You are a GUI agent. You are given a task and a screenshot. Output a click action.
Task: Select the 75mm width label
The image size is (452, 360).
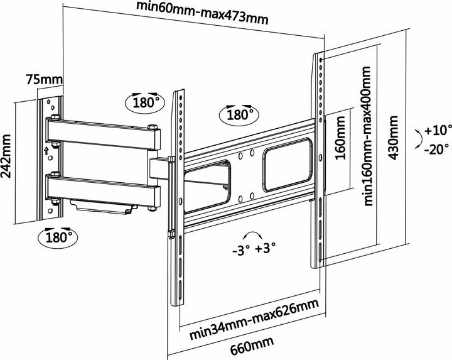coord(44,80)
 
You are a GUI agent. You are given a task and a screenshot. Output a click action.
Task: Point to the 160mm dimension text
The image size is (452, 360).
coord(342,150)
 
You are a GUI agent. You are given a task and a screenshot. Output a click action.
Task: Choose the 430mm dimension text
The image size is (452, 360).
coord(394,144)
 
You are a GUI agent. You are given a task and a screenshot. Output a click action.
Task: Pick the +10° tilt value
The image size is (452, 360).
coord(438,131)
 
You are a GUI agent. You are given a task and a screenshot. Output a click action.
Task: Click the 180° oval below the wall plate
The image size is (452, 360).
coord(58,237)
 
